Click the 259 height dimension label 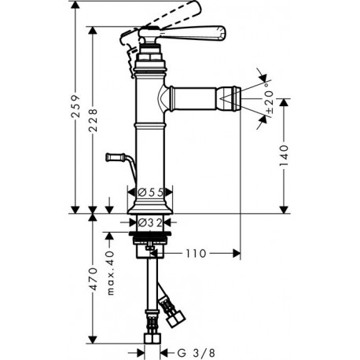point(75,107)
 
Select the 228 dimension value point(93,120)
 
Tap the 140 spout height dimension point(284,155)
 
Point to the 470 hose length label point(93,279)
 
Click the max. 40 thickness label point(111,273)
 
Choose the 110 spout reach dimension point(196,254)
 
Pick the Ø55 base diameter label point(150,193)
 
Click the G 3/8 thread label point(197,353)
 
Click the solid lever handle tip point(222,33)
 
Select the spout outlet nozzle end point(237,99)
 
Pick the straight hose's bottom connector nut point(152,338)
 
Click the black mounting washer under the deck point(150,233)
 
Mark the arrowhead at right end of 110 point(237,253)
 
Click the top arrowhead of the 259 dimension point(75,5)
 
